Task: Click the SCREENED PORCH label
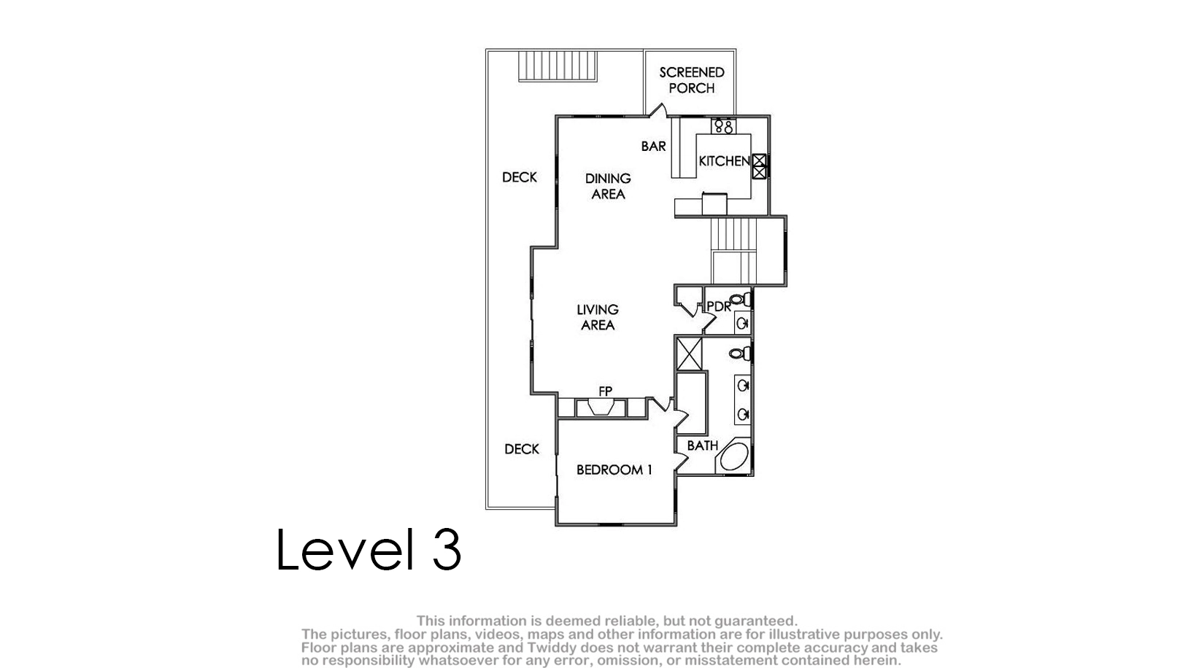pos(692,80)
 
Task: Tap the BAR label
pos(653,146)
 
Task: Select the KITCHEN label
pos(724,161)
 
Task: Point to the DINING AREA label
pos(608,186)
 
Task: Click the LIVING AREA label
pos(598,317)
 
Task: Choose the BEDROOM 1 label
pos(614,470)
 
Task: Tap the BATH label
pos(702,446)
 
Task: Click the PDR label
pos(719,306)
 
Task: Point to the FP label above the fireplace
pos(605,391)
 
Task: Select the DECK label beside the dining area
pos(520,177)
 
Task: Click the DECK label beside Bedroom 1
pos(522,449)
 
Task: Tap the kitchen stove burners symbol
pos(723,126)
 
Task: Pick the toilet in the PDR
pos(741,300)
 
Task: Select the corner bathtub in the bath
pos(733,456)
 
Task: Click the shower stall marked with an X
pos(689,354)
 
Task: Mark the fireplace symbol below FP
pos(601,408)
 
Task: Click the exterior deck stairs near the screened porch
pos(558,66)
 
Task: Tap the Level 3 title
pos(369,549)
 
